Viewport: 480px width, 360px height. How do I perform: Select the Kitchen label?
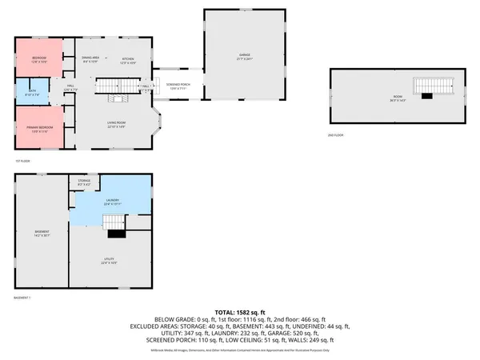(127, 60)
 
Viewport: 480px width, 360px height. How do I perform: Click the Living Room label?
(118, 124)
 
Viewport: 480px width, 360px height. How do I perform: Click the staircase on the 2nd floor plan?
(433, 86)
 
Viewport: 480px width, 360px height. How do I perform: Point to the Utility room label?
(109, 261)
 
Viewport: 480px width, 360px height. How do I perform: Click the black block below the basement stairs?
(117, 233)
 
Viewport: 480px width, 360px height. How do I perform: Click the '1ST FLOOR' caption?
(22, 161)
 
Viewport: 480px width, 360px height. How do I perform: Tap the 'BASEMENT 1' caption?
(23, 298)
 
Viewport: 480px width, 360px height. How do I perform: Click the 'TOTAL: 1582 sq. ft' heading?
(240, 311)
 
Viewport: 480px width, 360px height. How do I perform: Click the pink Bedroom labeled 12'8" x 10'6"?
(39, 59)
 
